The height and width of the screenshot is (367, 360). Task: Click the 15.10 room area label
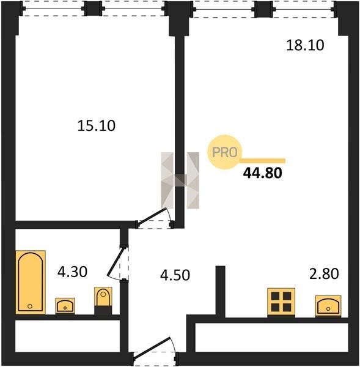96,125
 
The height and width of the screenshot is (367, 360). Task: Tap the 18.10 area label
305,45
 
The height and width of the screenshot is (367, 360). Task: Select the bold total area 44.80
262,173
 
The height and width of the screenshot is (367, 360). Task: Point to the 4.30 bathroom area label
72,272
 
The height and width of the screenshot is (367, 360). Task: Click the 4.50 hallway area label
175,275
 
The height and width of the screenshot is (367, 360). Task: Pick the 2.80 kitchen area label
324,274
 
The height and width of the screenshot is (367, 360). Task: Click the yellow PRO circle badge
224,152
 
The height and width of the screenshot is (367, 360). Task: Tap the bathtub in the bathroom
31,282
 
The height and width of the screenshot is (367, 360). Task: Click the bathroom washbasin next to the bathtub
65,306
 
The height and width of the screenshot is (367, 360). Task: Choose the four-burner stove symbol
281,302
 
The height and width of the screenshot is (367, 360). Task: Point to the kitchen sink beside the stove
328,306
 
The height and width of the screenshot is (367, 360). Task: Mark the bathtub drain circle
30,306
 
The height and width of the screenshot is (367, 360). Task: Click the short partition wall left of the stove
221,291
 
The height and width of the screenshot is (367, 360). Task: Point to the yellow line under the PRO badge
263,160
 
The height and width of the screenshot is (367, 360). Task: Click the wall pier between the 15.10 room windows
93,9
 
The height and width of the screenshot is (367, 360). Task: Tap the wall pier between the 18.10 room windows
263,9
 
